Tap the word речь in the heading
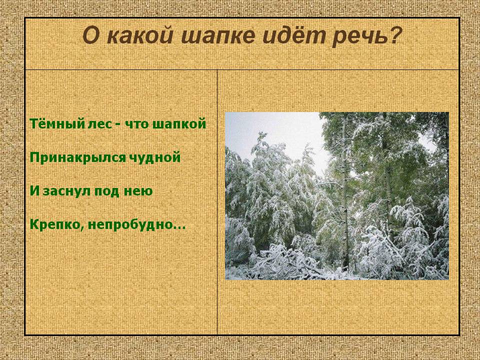click(363, 36)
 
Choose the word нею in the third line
click(140, 192)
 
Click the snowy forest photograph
click(336, 195)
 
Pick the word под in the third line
click(109, 191)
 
